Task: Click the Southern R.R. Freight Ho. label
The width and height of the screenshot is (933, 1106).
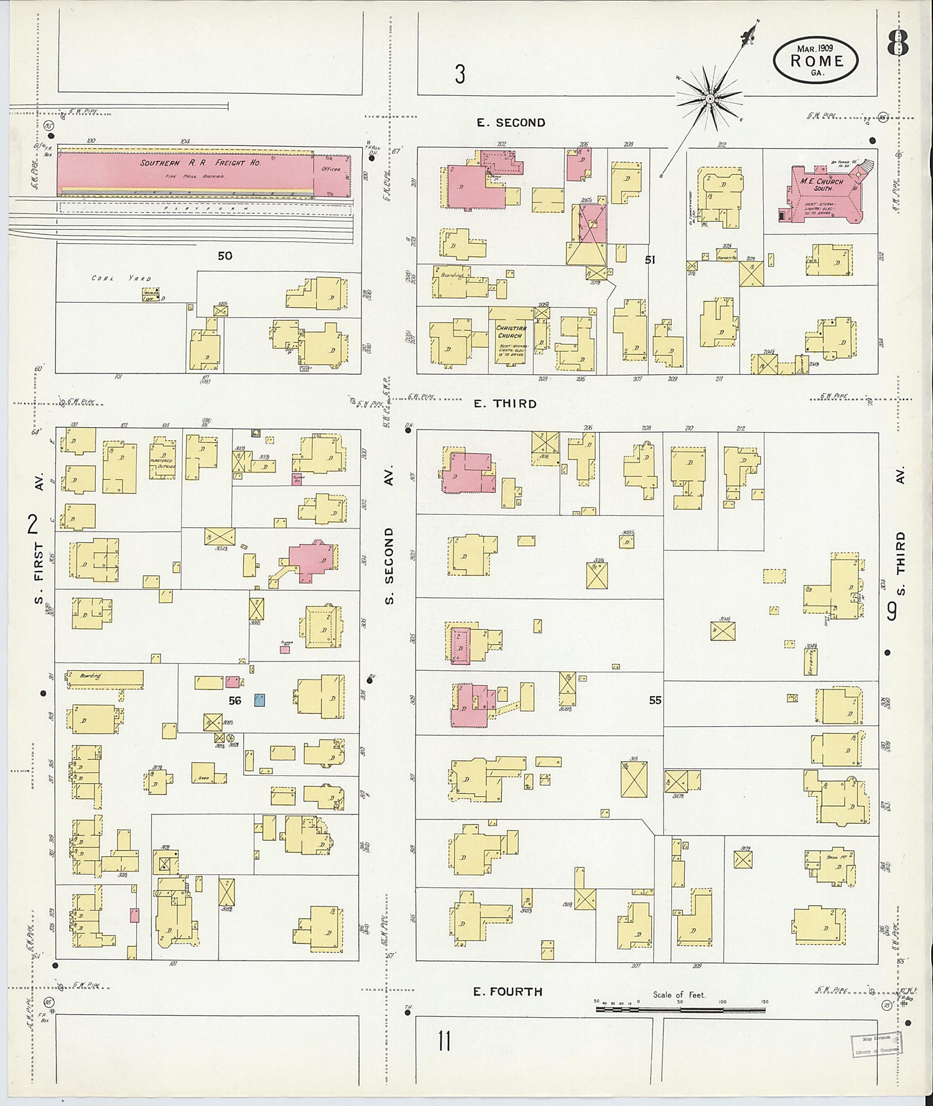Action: point(200,163)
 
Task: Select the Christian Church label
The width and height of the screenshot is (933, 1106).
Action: point(511,331)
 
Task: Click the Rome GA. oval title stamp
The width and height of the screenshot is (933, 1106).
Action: point(816,60)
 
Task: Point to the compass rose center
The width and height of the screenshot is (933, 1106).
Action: point(709,98)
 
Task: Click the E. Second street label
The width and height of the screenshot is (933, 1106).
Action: point(511,122)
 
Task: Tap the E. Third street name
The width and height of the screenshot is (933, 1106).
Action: point(504,403)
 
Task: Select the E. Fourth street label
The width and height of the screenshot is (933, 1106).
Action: point(507,991)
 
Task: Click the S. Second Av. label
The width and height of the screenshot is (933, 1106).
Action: point(389,566)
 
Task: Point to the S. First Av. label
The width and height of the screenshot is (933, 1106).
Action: point(39,560)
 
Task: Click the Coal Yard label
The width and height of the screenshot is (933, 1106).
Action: point(121,278)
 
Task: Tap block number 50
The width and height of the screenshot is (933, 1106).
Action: point(225,256)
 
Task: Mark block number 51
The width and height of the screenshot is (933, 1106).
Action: point(649,260)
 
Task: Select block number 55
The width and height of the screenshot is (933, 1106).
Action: point(655,700)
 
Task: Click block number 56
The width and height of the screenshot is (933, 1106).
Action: point(234,700)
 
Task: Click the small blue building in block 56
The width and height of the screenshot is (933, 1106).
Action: point(259,700)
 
